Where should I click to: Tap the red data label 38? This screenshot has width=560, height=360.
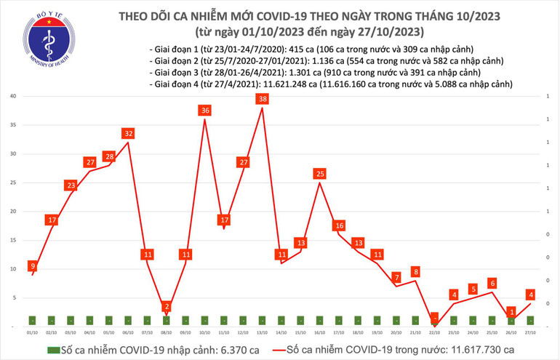tap(262, 99)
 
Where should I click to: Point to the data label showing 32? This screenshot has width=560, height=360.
tap(128, 134)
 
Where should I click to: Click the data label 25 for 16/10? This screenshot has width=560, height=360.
tap(319, 173)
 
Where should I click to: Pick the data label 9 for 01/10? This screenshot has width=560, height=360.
tap(33, 265)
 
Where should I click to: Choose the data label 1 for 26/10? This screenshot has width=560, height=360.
tap(512, 312)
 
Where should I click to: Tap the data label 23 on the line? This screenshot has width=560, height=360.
tap(71, 185)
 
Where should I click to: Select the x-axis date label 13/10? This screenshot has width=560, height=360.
tap(262, 332)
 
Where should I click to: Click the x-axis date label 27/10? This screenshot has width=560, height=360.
tap(531, 332)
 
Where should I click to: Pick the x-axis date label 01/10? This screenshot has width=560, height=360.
tap(32, 332)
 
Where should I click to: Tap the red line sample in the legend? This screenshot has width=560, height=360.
tap(274, 350)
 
